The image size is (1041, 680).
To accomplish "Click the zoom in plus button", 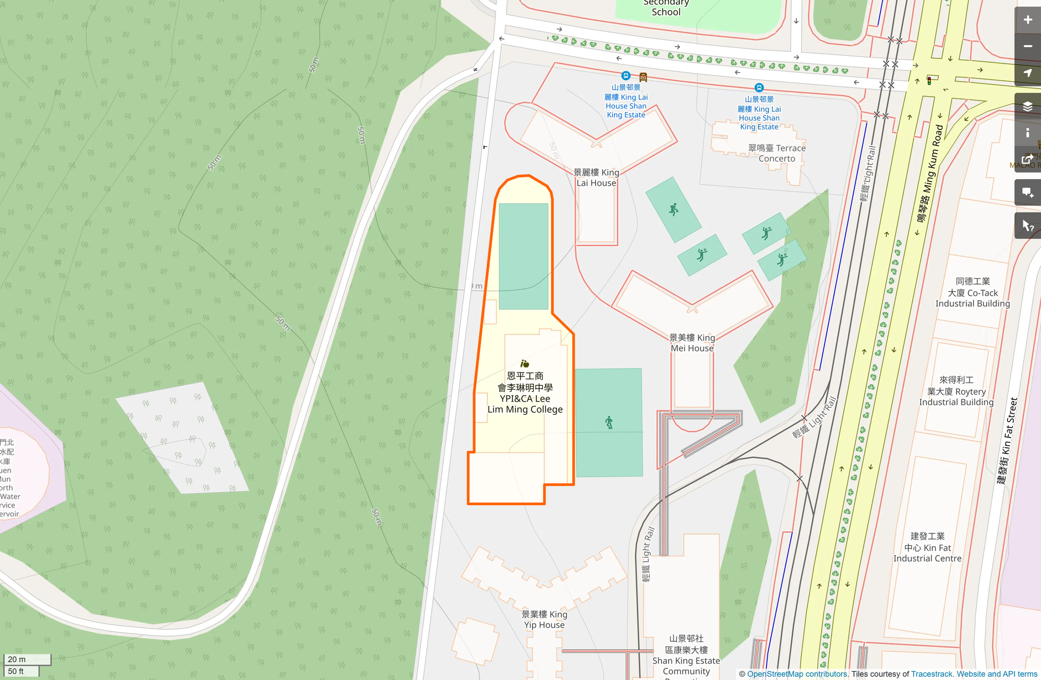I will point(1027,20).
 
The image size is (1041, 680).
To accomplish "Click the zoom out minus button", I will point(1027,46).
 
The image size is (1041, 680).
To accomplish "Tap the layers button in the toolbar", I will point(1027,106).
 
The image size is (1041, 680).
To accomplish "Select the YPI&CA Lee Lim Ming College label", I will point(525,393).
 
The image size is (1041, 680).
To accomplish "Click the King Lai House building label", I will point(596,177).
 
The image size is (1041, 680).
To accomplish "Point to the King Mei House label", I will point(692,343).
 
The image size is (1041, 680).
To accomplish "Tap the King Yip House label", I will point(544,619).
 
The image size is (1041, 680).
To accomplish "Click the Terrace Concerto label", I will point(777,153).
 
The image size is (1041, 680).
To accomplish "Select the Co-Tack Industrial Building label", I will point(972,292).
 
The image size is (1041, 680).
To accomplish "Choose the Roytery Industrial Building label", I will point(956,391).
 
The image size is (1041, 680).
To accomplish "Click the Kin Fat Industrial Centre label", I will point(928,547).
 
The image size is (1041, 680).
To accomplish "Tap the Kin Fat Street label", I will point(1007,441).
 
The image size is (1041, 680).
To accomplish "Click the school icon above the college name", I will point(525,363).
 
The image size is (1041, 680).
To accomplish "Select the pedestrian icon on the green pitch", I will point(609,423).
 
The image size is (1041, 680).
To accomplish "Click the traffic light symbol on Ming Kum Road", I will point(929,81).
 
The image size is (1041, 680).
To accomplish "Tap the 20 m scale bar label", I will point(17,659).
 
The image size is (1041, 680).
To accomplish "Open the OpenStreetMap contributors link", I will point(797,674).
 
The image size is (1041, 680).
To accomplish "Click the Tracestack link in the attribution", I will point(932,674).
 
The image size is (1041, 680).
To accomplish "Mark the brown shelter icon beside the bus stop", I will point(643,77).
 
